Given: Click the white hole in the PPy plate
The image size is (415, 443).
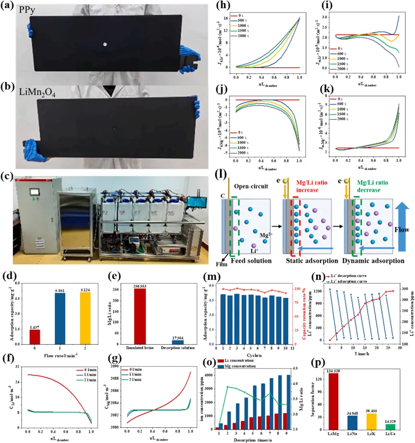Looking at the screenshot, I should [105, 45].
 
